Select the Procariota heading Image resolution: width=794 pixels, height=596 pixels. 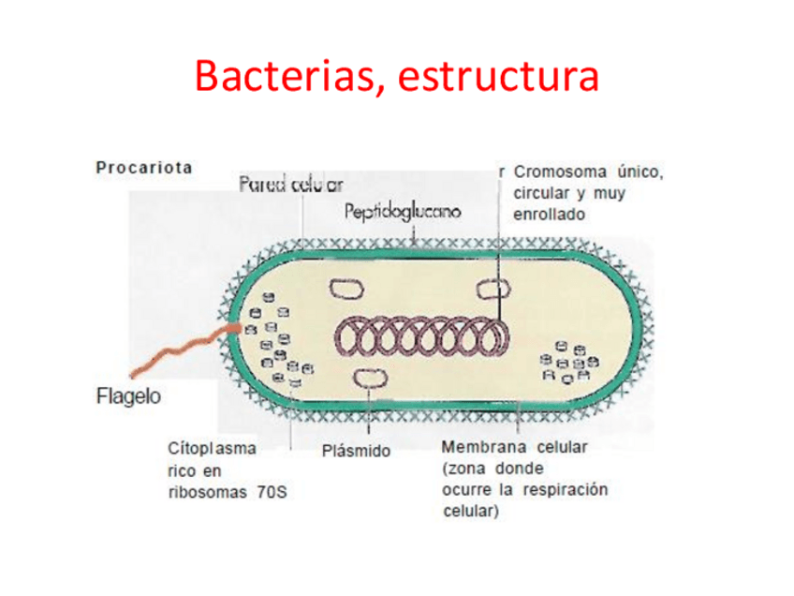[x=143, y=169]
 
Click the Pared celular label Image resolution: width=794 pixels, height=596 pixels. [x=291, y=185]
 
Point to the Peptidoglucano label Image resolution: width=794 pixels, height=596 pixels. [x=403, y=212]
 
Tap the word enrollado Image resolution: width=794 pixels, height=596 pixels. [x=549, y=215]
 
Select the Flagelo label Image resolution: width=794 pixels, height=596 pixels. [x=128, y=395]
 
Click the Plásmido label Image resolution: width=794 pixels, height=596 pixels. [x=356, y=452]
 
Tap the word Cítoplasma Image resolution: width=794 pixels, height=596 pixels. [x=211, y=449]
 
